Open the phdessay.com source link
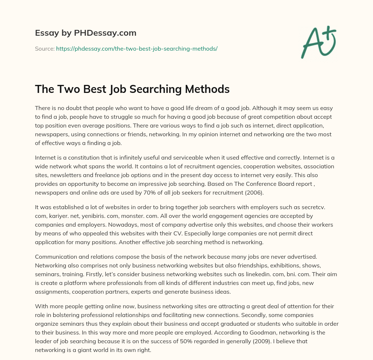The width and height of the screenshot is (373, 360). point(137,48)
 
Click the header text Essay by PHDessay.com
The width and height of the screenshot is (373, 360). point(86,33)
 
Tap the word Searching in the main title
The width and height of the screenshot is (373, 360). point(141,89)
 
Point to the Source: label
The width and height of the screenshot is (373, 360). point(44,48)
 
